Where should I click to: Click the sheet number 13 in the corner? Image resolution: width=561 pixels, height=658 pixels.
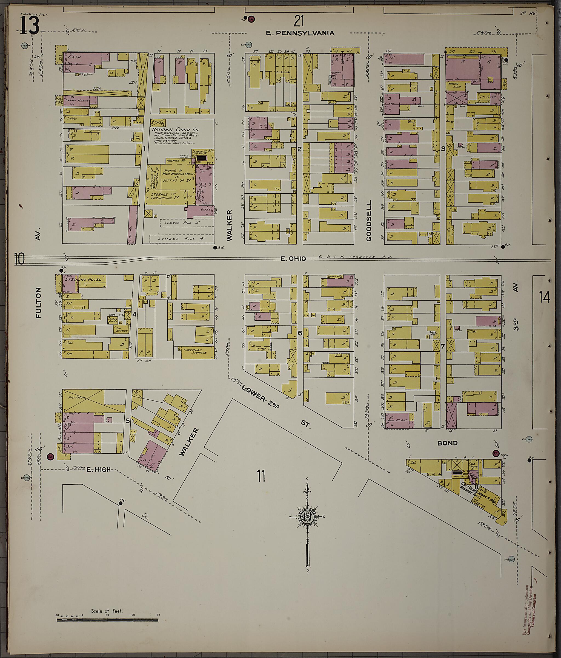[30, 26]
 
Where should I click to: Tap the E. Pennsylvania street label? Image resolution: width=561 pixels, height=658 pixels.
[300, 33]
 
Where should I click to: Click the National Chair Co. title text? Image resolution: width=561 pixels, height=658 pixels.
[175, 129]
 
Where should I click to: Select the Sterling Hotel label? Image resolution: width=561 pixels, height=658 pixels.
[83, 279]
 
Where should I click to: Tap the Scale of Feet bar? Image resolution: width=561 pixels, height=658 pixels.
[107, 619]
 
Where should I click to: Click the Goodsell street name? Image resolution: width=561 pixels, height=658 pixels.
[369, 221]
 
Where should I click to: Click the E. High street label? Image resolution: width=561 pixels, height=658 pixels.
[99, 469]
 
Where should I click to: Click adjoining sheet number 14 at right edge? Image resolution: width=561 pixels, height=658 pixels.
[544, 298]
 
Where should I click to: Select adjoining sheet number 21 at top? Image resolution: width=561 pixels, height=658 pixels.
[299, 22]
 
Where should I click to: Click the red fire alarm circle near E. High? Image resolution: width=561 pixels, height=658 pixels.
[50, 457]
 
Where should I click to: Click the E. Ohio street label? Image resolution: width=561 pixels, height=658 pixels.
[293, 259]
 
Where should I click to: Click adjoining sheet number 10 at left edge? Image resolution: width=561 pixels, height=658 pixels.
[19, 259]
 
